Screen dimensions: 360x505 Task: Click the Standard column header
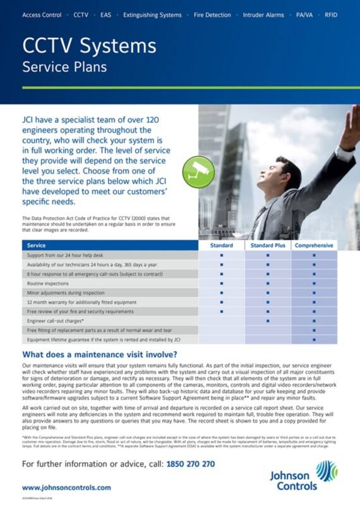pos(222,245)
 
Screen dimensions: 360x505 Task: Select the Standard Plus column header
pos(268,245)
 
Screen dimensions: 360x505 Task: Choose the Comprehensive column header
pos(314,245)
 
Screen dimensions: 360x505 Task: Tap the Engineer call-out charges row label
pos(57,321)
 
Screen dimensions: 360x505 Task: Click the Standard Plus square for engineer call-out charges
pos(268,321)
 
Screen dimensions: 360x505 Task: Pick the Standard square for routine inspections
pos(222,283)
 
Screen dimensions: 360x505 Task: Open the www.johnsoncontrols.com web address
pos(66,487)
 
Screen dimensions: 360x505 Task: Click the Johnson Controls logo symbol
pos(326,470)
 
